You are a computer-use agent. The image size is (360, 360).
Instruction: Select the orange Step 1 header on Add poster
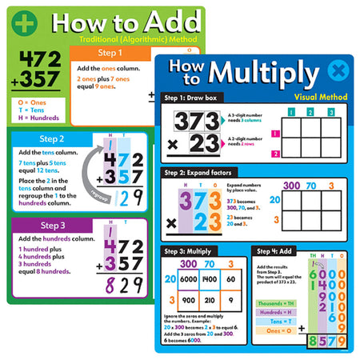coord(110,54)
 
